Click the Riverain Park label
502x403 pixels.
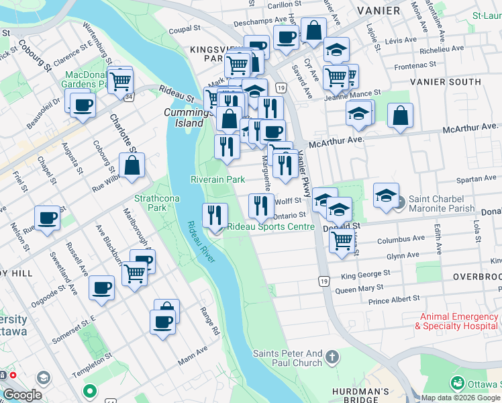pos(217,180)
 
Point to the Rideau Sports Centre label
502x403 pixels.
pos(270,227)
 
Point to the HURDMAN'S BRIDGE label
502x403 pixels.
pos(360,392)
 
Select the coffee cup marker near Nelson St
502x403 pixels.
pos(47,218)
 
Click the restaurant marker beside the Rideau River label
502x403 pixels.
pos(215,215)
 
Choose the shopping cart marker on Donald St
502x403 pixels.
pos(342,240)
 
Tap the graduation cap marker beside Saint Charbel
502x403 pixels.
pos(386,195)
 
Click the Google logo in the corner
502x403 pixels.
pos(22,395)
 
